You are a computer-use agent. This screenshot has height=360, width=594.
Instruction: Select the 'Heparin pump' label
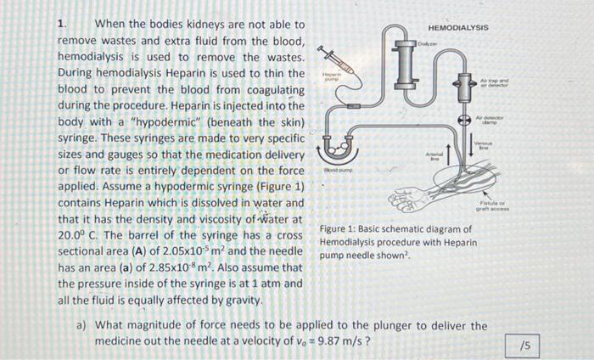tap(331, 77)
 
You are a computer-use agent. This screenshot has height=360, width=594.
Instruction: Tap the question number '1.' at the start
tap(61, 25)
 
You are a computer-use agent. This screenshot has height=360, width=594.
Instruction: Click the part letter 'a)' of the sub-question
tap(82, 325)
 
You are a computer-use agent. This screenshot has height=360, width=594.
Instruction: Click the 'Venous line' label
tap(483, 147)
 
